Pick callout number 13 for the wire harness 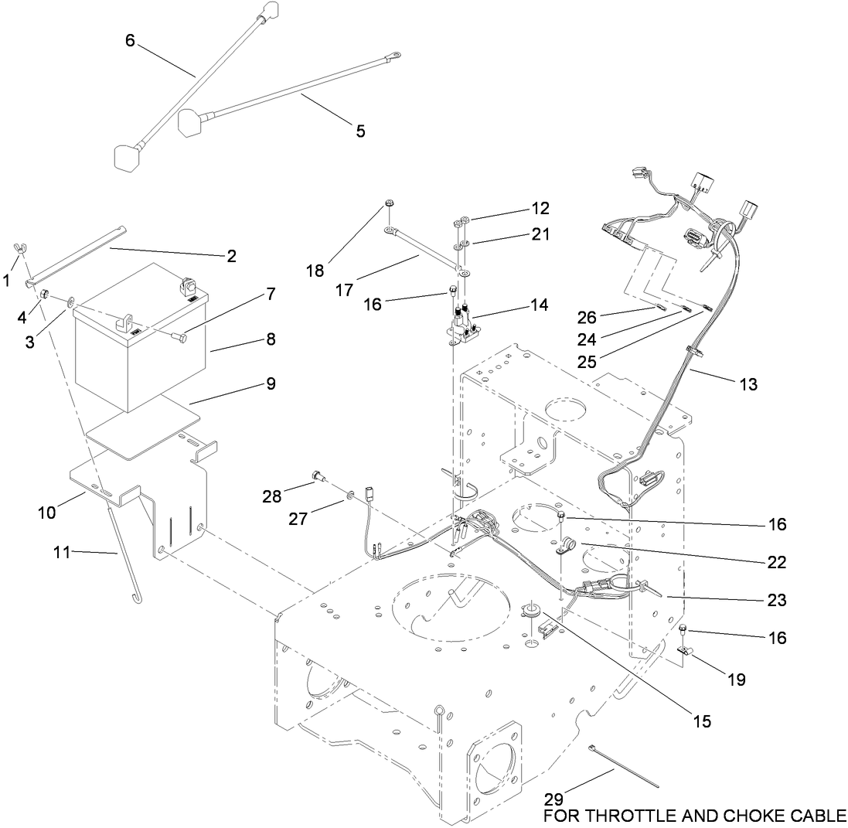tap(748, 383)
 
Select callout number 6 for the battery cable tap(130, 40)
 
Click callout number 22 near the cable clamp tap(777, 563)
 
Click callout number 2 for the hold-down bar tap(231, 255)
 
